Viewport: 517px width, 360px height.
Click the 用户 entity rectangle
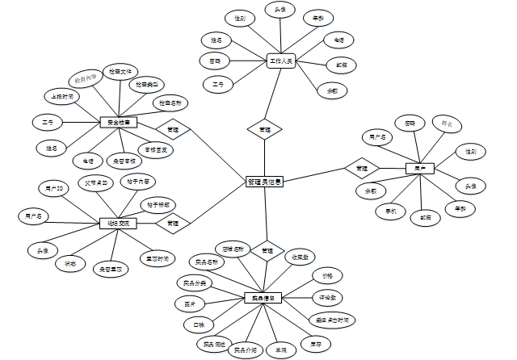(418, 168)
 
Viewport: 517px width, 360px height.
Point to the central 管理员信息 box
(264, 182)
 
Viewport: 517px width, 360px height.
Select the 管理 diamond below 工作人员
(264, 129)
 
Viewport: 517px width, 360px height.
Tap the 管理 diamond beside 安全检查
(172, 129)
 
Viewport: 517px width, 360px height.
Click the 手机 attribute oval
(391, 211)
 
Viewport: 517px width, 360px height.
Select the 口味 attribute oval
(195, 324)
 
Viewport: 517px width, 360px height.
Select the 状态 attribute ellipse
(70, 262)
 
